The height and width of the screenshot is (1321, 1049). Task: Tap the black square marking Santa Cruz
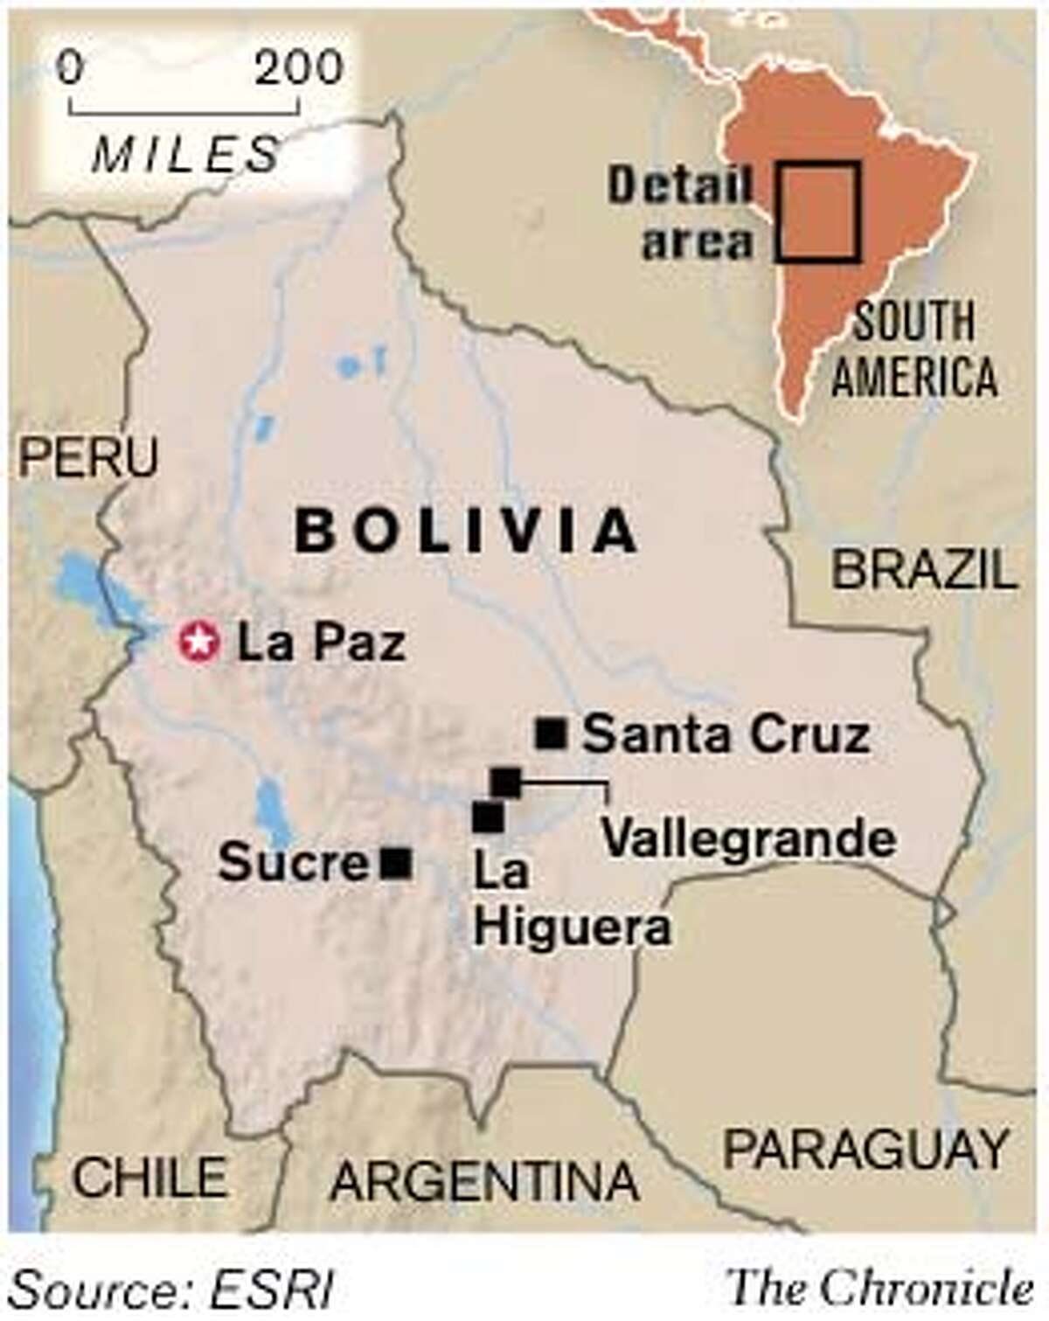tap(551, 734)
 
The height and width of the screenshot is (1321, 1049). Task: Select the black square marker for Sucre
tap(397, 863)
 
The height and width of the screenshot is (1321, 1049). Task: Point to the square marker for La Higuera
tap(488, 817)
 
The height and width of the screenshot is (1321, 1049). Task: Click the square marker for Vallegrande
tap(506, 782)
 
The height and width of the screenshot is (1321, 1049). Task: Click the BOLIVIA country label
tap(466, 531)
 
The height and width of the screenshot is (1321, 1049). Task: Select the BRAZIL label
tap(925, 570)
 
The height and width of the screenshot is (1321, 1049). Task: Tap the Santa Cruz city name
tap(726, 735)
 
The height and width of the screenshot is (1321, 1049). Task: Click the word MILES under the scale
tap(185, 155)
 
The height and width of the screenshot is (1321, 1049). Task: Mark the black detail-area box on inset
tap(817, 212)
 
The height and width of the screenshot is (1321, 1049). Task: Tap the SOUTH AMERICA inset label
tap(914, 350)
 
